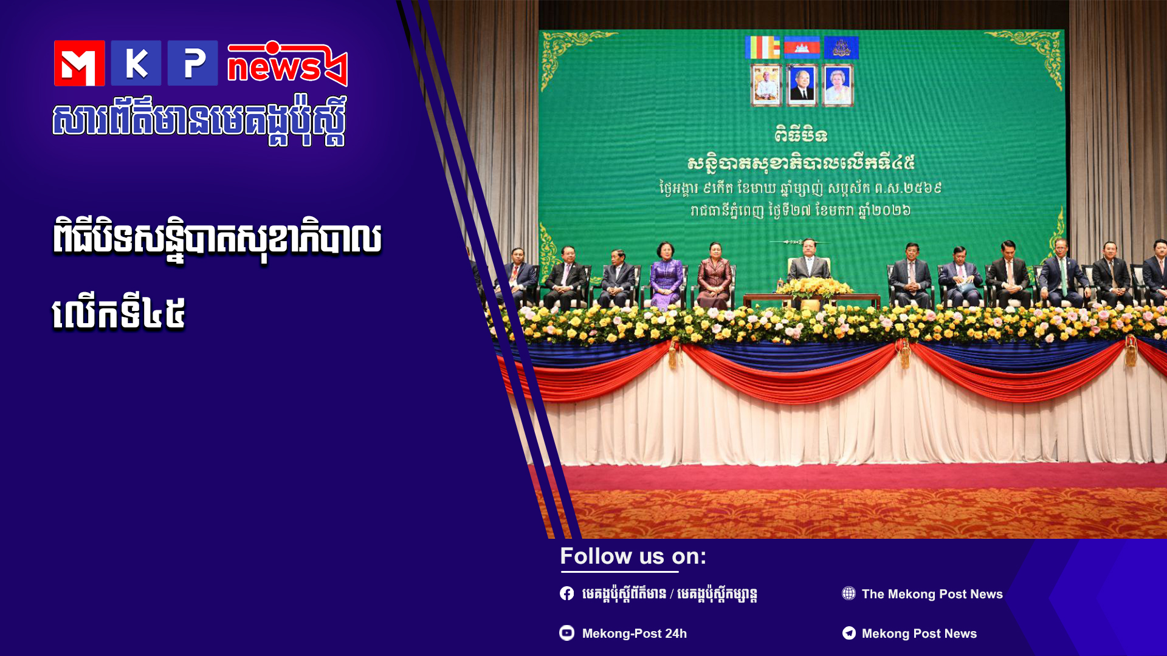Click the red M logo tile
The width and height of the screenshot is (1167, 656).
coord(79,63)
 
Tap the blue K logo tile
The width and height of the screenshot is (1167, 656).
coord(136,63)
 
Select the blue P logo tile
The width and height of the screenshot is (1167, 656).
coord(193,63)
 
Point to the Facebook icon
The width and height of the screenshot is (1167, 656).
coord(566,593)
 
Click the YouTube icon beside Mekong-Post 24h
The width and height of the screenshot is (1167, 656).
coord(566,633)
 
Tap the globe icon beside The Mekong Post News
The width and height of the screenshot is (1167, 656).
coord(849,593)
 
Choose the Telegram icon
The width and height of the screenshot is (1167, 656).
coord(849,633)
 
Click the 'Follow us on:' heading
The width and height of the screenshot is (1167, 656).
coord(633,556)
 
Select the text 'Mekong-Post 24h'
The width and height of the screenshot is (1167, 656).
coord(635,634)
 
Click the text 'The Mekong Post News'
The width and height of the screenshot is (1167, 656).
coord(932,594)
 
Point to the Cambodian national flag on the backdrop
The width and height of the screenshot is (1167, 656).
coord(802,47)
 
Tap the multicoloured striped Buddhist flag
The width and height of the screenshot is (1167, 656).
coord(763,47)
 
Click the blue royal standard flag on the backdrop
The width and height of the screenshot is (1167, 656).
coord(841,47)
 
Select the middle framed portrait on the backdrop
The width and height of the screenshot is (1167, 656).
coord(802,86)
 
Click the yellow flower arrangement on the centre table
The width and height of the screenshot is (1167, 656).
coord(813,288)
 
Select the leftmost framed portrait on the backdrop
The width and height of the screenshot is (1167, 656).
coord(766,86)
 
